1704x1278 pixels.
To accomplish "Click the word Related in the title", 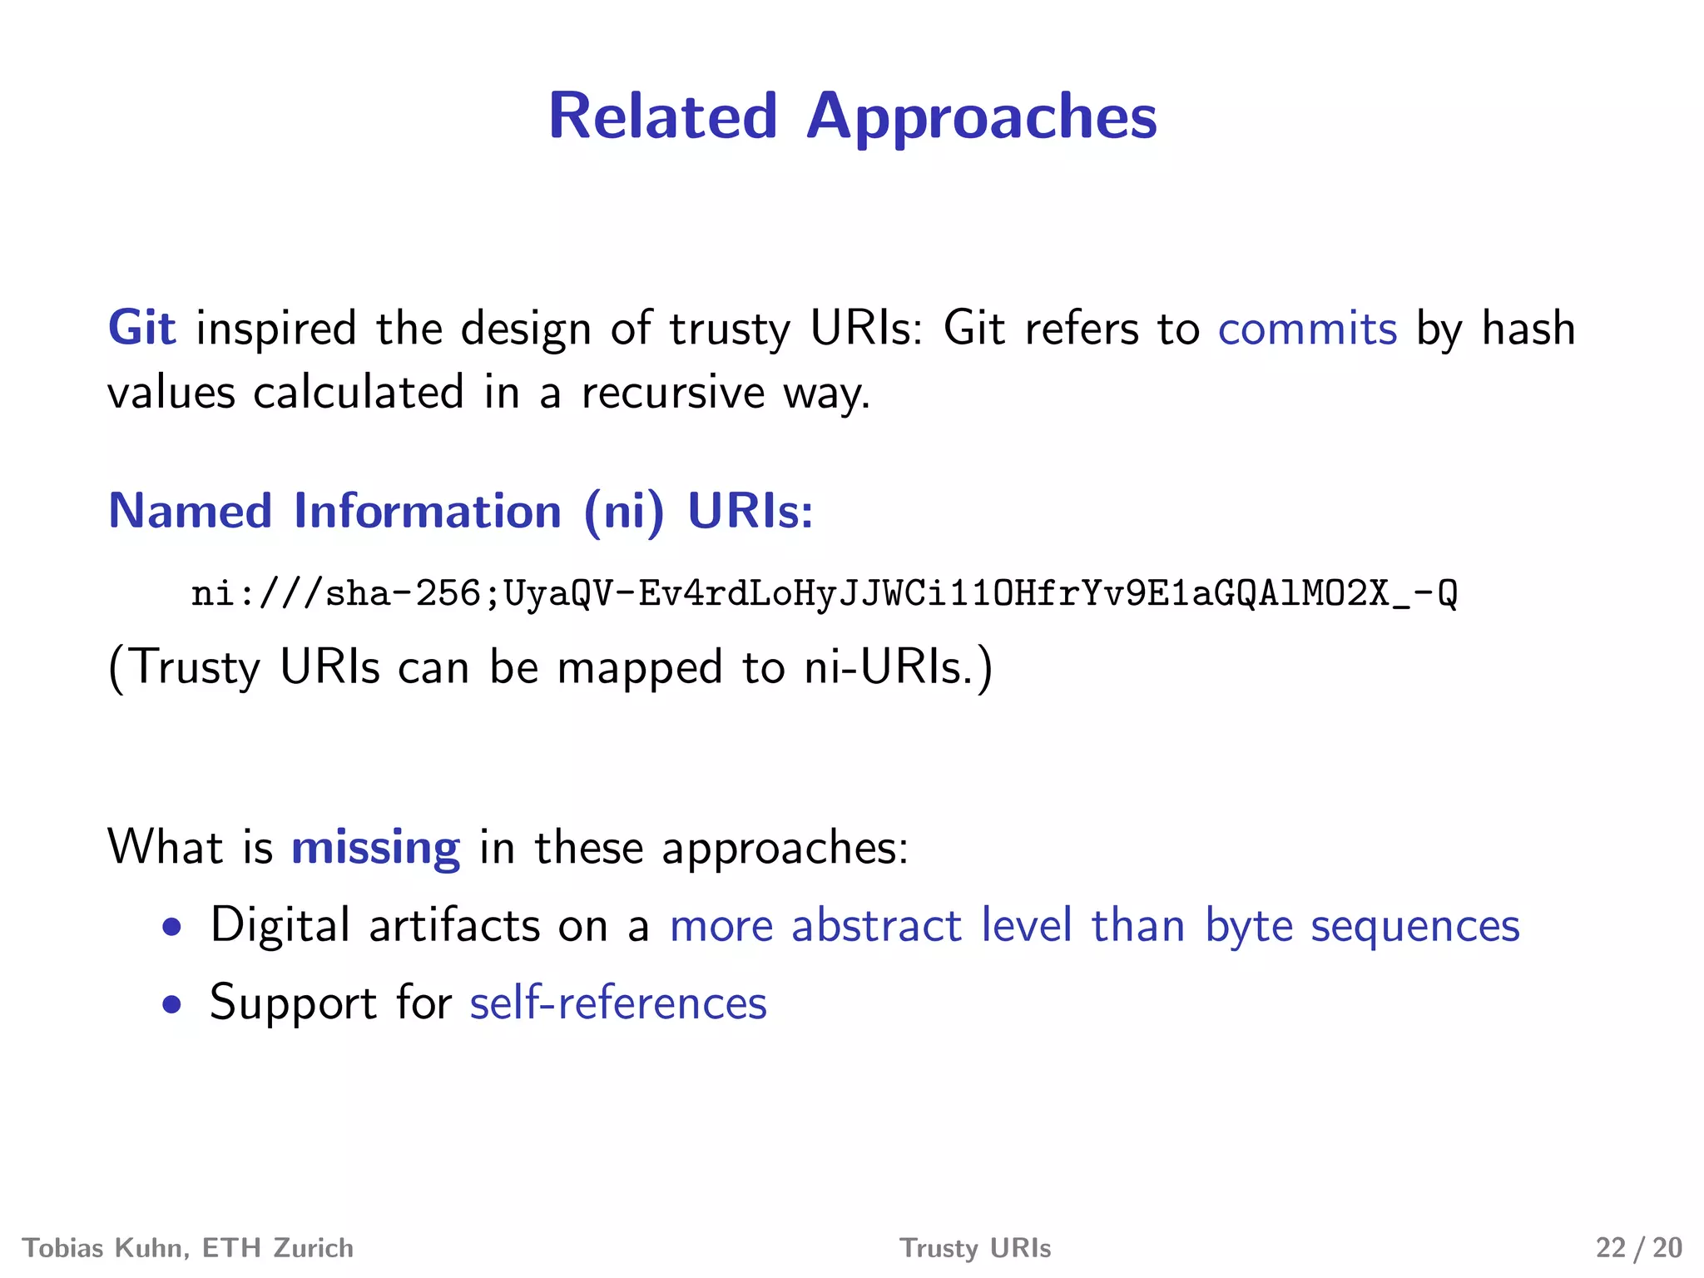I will point(662,116).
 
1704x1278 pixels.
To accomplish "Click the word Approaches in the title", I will point(981,118).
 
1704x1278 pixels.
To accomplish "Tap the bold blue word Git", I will point(141,328).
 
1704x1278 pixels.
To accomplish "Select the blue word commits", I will point(1307,328).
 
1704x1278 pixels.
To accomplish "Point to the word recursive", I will point(672,392).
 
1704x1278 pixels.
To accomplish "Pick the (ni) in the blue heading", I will point(624,512).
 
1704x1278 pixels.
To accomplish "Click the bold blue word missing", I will point(375,848).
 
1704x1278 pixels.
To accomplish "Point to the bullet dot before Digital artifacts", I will point(171,927).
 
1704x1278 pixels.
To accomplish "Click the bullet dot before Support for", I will point(171,1004).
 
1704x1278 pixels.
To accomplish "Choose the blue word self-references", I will point(618,1003).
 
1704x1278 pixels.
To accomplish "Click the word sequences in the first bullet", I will point(1415,926).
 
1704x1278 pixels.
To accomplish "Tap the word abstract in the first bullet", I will point(876,925).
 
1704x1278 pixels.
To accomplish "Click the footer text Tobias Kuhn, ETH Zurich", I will point(188,1248).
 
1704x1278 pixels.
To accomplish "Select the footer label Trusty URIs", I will point(975,1248).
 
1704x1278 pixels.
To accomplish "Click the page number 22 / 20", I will point(1638,1248).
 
